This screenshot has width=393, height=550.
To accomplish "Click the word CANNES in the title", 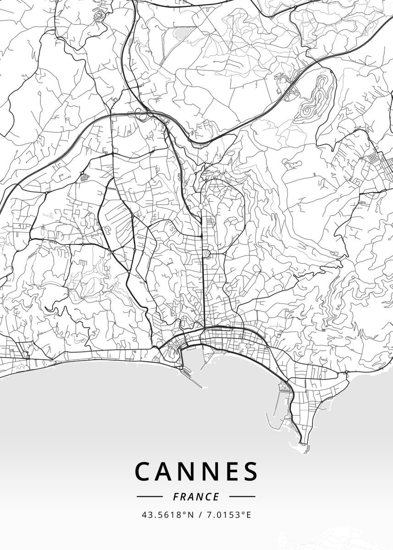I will pos(196,471).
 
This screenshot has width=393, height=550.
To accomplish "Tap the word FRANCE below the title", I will pos(196,496).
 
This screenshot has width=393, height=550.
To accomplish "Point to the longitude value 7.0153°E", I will pos(227,515).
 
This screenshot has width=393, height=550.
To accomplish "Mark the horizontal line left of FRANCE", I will pos(149,496).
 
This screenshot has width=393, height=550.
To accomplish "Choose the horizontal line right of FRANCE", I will pos(242,496).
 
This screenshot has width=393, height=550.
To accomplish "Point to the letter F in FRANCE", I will pos(176,496).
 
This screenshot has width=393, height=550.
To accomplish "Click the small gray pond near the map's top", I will pos(181,33).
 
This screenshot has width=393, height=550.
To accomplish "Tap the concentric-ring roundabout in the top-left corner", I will pos(99,16).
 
